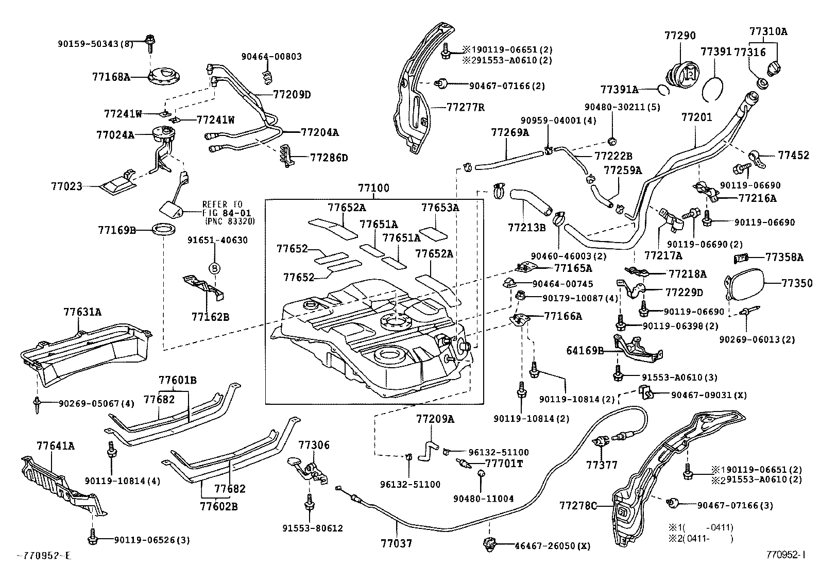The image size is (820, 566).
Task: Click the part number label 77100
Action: point(374,188)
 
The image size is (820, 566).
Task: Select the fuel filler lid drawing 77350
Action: point(745,283)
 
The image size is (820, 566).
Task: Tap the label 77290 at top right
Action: point(680,36)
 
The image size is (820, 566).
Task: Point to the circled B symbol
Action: point(214,268)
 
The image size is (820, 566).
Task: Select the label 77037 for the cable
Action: point(397,543)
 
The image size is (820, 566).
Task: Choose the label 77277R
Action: point(466,107)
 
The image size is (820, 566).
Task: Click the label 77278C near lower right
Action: point(578,506)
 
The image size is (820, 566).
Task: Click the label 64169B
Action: point(585,351)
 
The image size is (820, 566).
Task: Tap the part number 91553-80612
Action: point(313,528)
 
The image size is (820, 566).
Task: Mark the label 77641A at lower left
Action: point(56,445)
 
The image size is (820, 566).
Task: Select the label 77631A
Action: point(82,312)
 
